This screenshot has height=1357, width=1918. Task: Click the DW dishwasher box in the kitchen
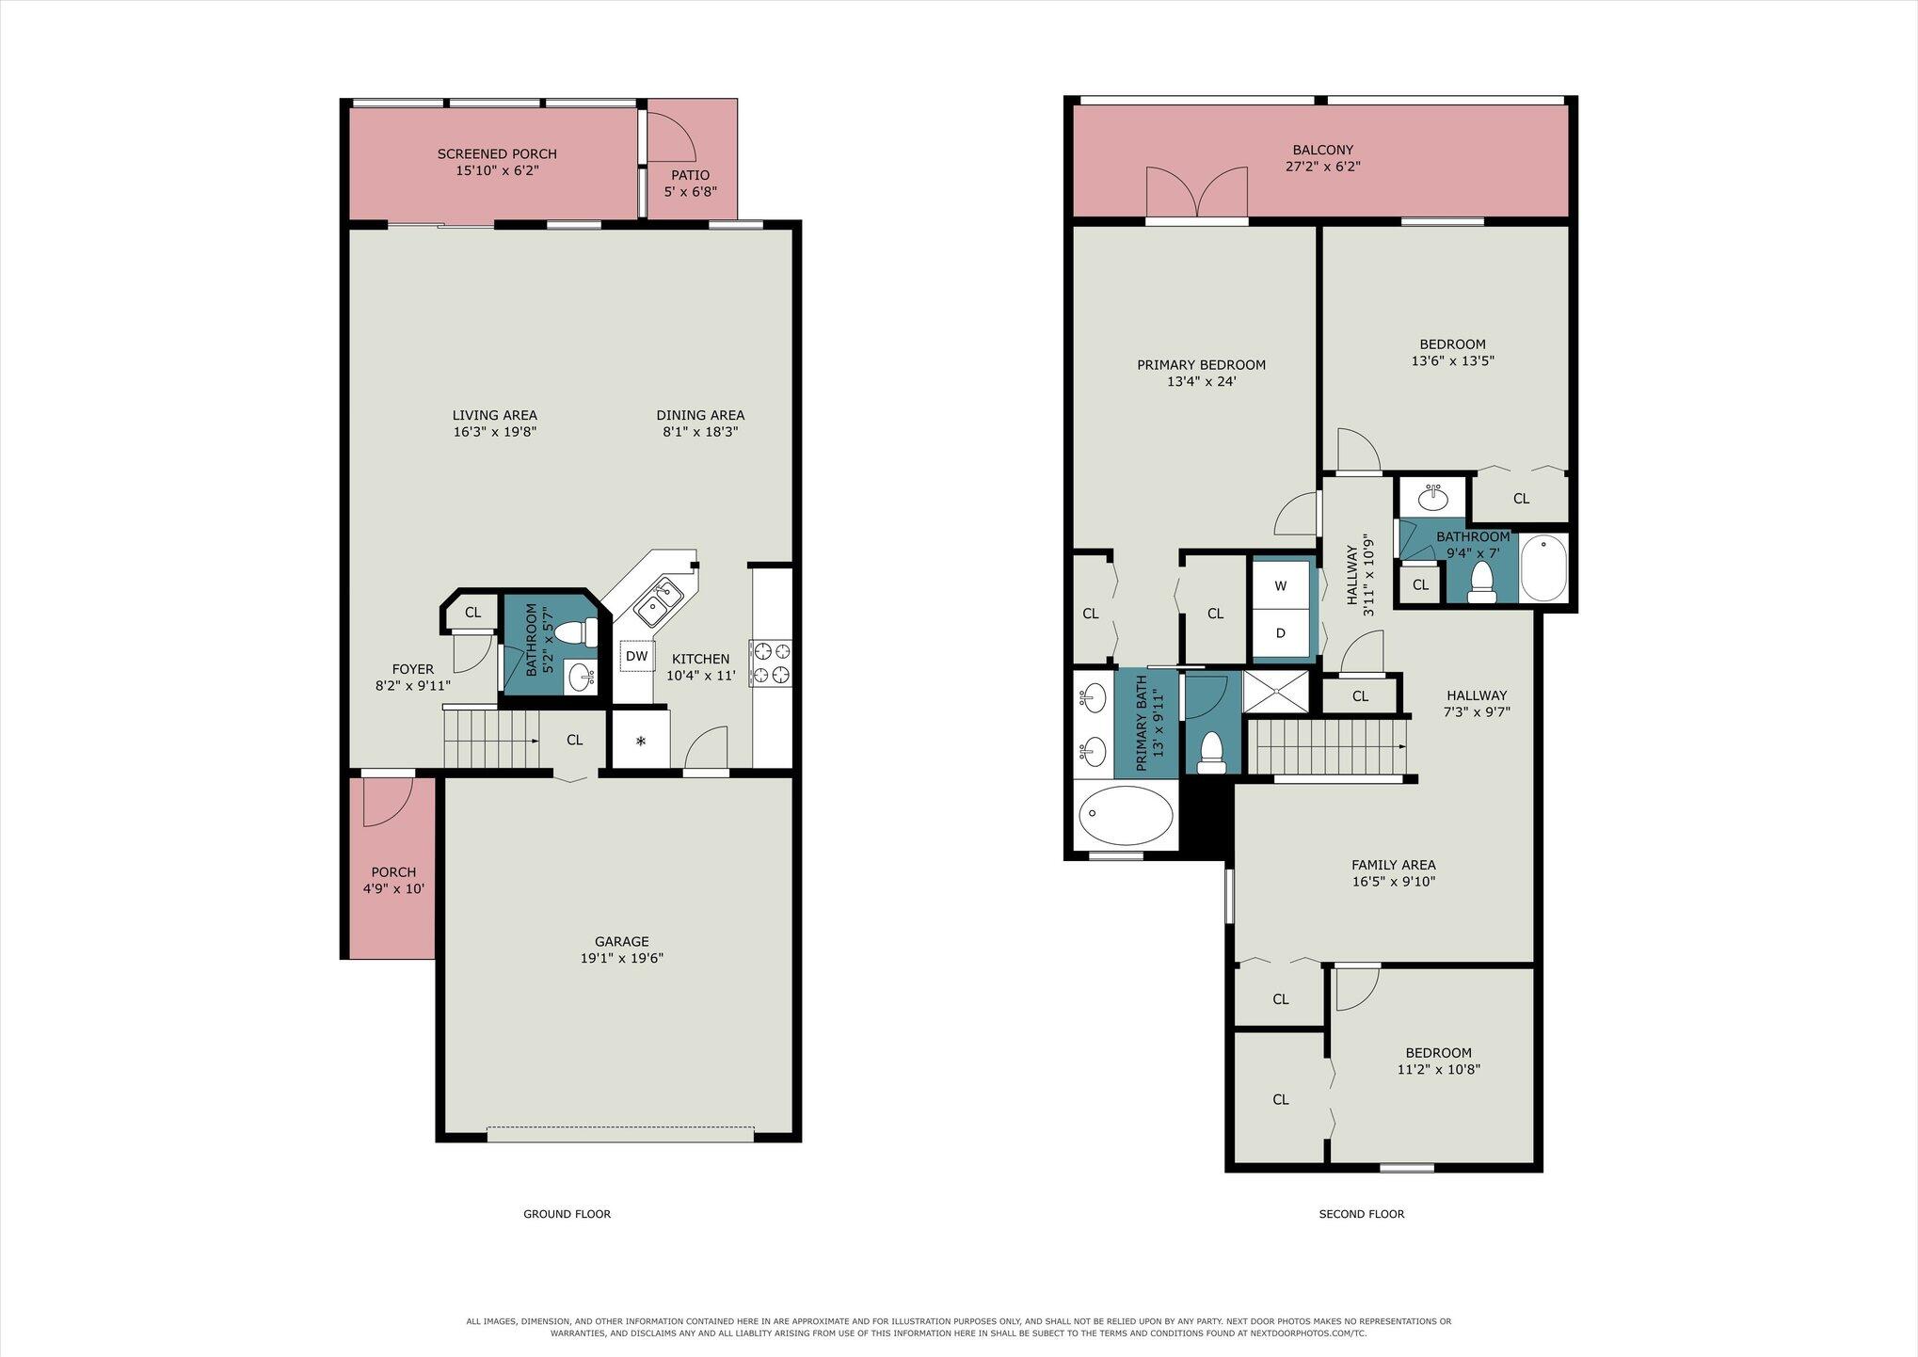pyautogui.click(x=637, y=656)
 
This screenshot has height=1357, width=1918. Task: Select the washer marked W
pyautogui.click(x=1280, y=585)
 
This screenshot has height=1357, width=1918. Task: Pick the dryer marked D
pyautogui.click(x=1280, y=632)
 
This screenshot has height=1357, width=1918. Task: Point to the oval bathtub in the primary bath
pyautogui.click(x=1126, y=816)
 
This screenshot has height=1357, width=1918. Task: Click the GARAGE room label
pyautogui.click(x=622, y=941)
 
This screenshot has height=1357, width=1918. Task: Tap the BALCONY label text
pyautogui.click(x=1323, y=150)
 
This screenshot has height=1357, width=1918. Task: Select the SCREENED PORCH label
pyautogui.click(x=497, y=153)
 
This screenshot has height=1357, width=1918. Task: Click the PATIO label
pyautogui.click(x=691, y=175)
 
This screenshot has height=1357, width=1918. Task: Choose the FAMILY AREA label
pyautogui.click(x=1394, y=865)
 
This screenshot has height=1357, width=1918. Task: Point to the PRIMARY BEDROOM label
pyautogui.click(x=1201, y=365)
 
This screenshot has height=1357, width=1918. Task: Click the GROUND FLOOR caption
pyautogui.click(x=567, y=1214)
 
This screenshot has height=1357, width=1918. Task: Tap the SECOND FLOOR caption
pyautogui.click(x=1362, y=1214)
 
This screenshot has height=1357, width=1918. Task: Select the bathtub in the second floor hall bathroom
pyautogui.click(x=1543, y=567)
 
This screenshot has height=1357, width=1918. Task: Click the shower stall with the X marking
pyautogui.click(x=1275, y=692)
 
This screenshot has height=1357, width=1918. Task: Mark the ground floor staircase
pyautogui.click(x=490, y=739)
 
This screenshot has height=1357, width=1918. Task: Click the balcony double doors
pyautogui.click(x=1197, y=194)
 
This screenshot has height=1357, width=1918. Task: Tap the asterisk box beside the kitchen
pyautogui.click(x=641, y=741)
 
